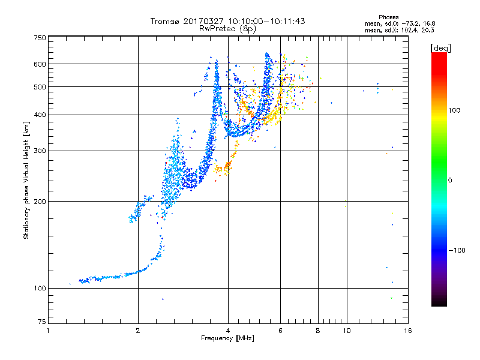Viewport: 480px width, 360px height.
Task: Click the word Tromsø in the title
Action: (x=165, y=21)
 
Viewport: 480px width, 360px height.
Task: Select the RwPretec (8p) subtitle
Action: (x=228, y=28)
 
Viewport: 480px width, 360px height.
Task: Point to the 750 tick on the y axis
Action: (x=40, y=38)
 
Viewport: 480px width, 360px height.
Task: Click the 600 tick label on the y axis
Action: (x=40, y=64)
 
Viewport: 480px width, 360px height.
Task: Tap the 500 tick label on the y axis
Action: (x=40, y=87)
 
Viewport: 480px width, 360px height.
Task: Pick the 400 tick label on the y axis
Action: (x=40, y=115)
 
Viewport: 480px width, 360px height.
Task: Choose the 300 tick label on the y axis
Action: (x=40, y=151)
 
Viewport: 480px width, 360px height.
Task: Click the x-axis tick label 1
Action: (x=48, y=331)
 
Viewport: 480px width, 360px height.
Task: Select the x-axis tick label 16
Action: (x=408, y=331)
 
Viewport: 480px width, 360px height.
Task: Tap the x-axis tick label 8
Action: (x=318, y=331)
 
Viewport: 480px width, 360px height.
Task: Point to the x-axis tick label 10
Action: (x=346, y=331)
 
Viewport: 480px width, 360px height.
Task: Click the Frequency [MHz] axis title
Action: (x=227, y=338)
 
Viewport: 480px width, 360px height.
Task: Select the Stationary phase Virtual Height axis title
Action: (x=26, y=180)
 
